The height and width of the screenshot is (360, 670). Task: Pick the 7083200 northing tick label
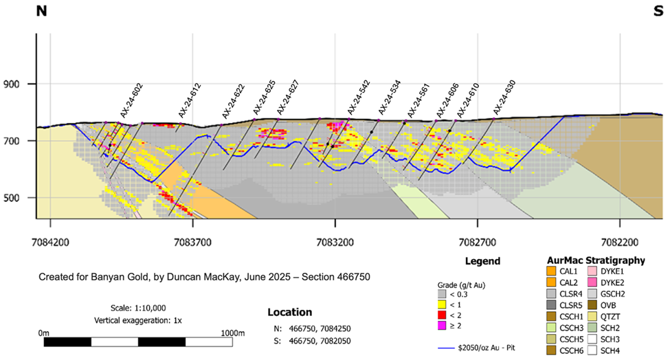pos(335,243)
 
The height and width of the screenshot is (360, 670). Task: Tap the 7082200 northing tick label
pos(619,243)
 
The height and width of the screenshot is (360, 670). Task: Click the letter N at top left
pos(43,11)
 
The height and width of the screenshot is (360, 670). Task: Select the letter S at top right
pos(656,11)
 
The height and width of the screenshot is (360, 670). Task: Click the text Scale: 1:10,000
pos(138,308)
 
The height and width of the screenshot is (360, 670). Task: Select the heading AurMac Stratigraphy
pos(596,261)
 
